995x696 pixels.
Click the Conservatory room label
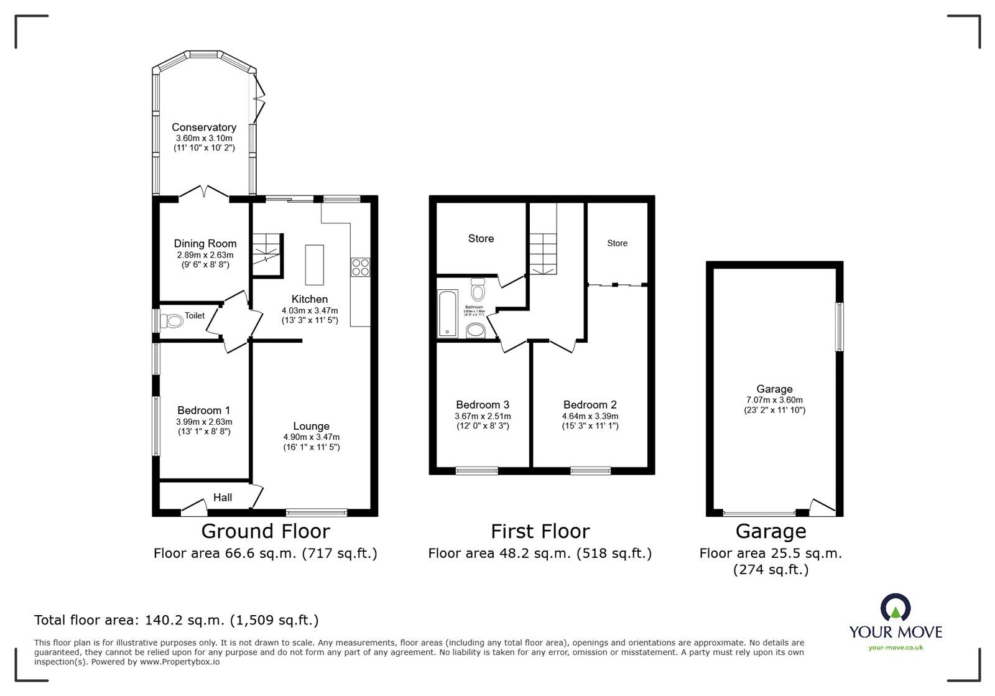point(204,128)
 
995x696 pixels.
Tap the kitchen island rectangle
point(315,265)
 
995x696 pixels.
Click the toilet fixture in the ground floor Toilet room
point(172,322)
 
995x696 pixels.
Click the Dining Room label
point(205,244)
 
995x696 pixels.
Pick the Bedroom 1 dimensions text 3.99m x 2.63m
point(204,421)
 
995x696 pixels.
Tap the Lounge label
point(311,426)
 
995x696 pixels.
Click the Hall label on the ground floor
point(223,497)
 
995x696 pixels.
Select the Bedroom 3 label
point(483,405)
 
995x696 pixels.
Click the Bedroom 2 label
point(590,405)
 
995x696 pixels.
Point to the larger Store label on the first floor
point(481,238)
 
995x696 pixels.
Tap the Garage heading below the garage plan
point(771,531)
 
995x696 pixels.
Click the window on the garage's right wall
point(839,327)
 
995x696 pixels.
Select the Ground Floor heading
point(266,531)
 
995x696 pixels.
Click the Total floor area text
point(176,620)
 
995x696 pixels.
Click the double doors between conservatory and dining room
point(205,193)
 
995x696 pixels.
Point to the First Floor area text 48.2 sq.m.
point(540,553)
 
